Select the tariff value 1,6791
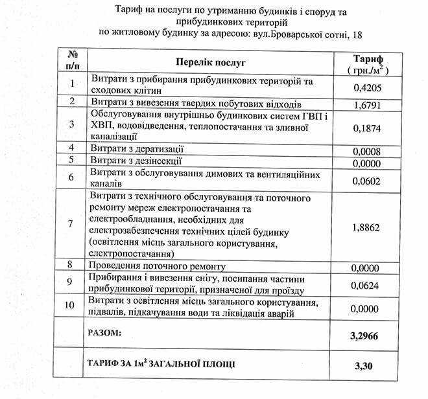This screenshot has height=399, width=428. (367, 104)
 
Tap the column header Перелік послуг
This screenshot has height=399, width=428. (211, 62)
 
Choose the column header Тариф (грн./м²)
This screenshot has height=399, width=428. (367, 62)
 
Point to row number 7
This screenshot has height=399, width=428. (72, 224)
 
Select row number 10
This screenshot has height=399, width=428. (72, 305)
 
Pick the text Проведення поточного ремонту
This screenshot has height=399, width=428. (159, 266)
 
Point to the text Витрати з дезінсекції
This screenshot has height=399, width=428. (136, 160)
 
